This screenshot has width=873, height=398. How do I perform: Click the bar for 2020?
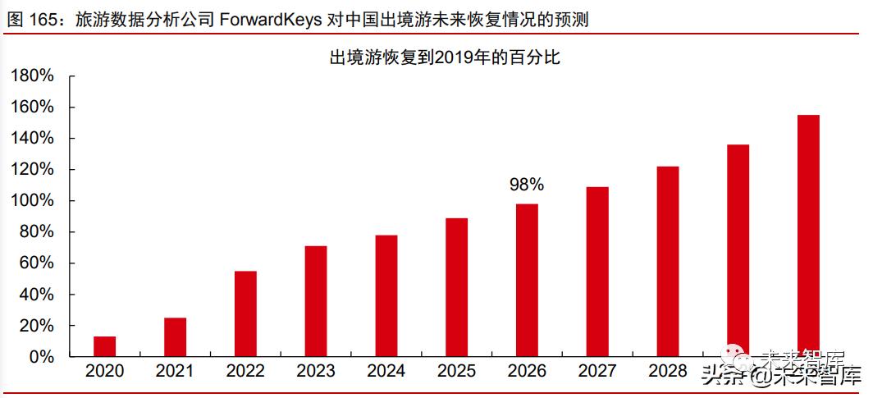(104, 347)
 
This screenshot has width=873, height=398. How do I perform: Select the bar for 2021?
(175, 337)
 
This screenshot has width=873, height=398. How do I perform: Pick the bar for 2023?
(316, 301)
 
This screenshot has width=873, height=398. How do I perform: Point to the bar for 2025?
(456, 287)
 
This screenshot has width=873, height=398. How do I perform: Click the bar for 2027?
(597, 272)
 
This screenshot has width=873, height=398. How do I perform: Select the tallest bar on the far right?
(807, 236)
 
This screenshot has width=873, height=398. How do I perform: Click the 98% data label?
(526, 185)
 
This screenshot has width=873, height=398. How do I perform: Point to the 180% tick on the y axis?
(32, 76)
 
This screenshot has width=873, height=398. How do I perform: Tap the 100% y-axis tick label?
(32, 201)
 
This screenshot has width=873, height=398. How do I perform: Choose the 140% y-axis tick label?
(32, 139)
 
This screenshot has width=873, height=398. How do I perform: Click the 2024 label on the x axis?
(386, 372)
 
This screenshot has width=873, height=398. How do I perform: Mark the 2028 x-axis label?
(667, 372)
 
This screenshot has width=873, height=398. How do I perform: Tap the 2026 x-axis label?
(527, 372)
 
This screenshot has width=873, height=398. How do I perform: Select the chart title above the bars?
(444, 57)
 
